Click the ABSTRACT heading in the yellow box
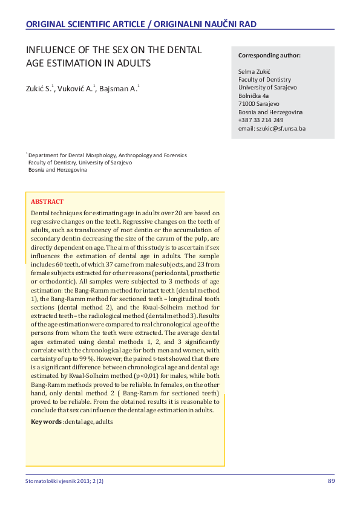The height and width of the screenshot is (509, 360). point(47,201)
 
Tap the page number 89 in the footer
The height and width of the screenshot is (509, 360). point(331,481)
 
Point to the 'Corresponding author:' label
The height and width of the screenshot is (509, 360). point(269,56)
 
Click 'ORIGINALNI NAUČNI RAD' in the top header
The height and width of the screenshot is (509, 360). point(205,24)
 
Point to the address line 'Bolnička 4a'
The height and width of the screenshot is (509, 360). point(254,96)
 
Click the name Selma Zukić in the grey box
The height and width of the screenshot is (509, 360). point(255,71)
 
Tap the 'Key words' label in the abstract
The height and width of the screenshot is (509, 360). point(46,421)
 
